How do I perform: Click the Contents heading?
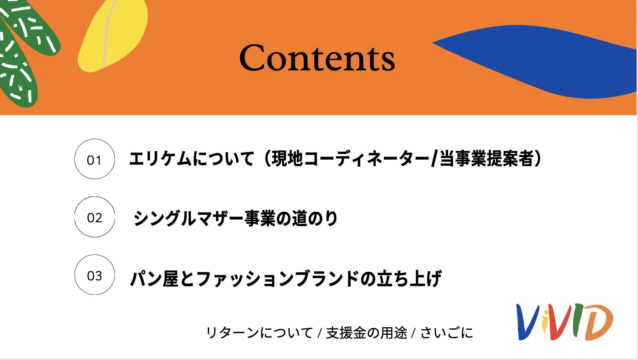point(317,57)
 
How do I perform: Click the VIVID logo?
point(565,322)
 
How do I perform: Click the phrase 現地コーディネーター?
point(351,159)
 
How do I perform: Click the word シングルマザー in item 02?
point(188,218)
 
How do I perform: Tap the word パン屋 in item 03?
point(154,278)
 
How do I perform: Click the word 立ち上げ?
point(410,278)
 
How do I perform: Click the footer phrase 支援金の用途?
point(366,333)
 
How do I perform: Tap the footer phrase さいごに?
point(447,333)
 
